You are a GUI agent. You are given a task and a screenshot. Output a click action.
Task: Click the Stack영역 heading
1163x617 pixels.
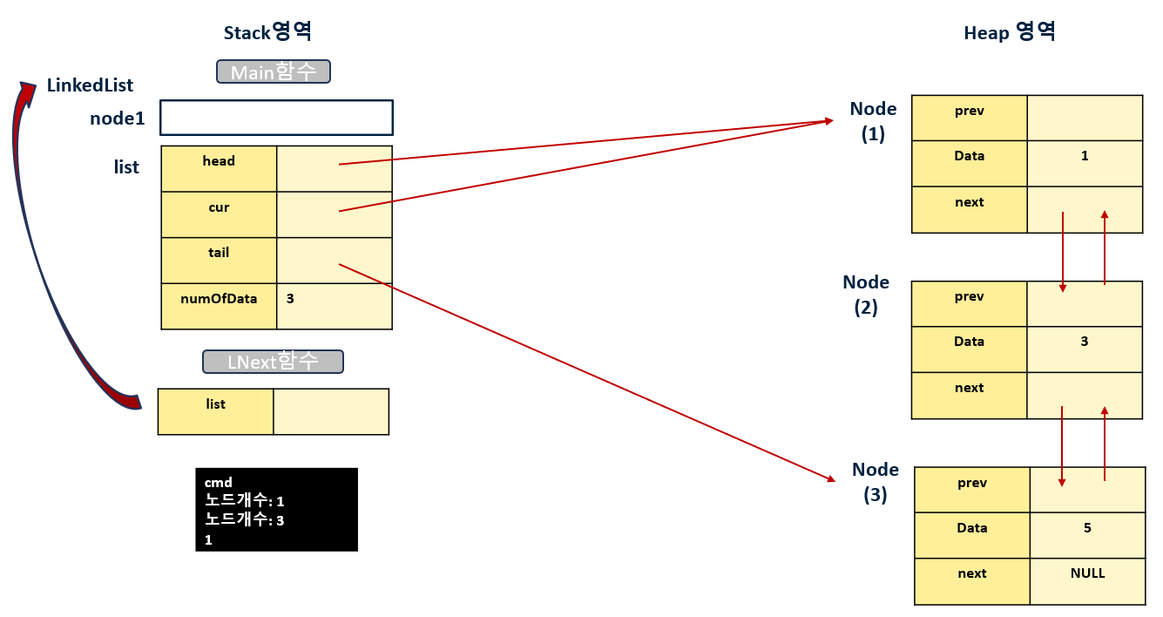tap(267, 32)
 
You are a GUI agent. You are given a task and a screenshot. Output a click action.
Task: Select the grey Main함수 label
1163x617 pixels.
tap(273, 71)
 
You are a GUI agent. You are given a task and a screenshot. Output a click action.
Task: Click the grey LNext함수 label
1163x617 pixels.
tap(273, 362)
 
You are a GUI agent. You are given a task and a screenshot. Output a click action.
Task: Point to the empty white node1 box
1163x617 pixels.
tap(276, 118)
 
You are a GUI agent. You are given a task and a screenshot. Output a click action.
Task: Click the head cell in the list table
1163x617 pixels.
tap(219, 168)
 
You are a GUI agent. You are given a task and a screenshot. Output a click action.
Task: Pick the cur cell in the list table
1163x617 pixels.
tap(219, 214)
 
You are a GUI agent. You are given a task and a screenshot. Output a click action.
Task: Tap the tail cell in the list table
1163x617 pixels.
tap(219, 260)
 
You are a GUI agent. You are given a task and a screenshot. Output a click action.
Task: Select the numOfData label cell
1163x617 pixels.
tap(219, 306)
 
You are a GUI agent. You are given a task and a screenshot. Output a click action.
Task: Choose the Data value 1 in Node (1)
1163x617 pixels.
tap(1084, 156)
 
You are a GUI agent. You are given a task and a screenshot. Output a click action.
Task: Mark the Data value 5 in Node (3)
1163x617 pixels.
tap(1087, 528)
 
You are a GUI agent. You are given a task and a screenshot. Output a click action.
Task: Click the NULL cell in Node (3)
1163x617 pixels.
tap(1087, 573)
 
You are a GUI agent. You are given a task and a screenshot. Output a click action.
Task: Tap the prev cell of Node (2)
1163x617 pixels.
tap(969, 303)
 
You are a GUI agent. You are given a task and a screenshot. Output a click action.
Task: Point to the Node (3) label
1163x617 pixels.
tap(875, 483)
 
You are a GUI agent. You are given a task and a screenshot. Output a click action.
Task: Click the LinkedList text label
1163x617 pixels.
tap(90, 85)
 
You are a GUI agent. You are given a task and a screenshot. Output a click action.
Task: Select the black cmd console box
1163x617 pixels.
tap(276, 510)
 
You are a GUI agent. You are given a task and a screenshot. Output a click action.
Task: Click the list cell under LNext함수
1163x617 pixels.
tap(215, 411)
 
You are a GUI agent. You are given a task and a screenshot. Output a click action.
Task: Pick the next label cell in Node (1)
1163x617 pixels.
tap(969, 209)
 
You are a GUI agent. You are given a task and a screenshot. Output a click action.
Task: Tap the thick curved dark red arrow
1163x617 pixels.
tap(44, 244)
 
